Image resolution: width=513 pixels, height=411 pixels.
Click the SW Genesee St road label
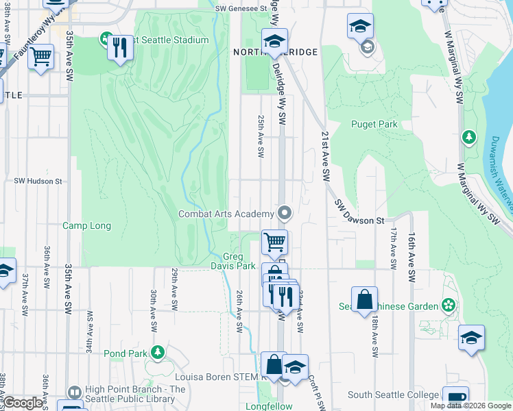click(240, 9)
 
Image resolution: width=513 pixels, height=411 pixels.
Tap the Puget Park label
click(374, 124)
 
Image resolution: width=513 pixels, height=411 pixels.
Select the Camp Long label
click(86, 225)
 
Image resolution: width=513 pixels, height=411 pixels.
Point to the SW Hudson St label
click(38, 182)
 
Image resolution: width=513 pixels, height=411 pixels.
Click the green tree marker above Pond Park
click(158, 351)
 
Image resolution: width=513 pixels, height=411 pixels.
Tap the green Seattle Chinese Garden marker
click(449, 303)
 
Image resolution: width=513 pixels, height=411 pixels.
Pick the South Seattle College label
click(393, 395)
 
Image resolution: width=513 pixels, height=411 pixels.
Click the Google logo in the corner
click(23, 403)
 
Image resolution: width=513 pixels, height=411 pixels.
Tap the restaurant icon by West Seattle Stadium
click(120, 47)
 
